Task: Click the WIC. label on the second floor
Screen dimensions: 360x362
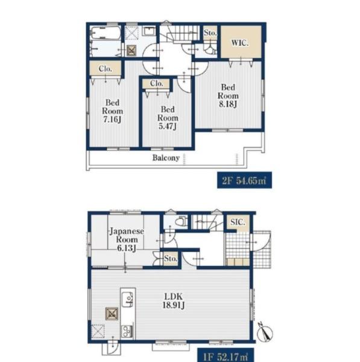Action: click(240, 43)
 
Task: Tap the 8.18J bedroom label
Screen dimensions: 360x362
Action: click(228, 95)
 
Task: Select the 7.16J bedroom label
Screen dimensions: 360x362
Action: click(112, 111)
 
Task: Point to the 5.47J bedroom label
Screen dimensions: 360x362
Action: click(168, 118)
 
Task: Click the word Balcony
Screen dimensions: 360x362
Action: click(166, 157)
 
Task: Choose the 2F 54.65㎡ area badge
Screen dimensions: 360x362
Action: click(244, 180)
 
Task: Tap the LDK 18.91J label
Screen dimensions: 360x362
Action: click(174, 300)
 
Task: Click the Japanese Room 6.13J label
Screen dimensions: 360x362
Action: click(127, 240)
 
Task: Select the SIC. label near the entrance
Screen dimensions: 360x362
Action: click(238, 222)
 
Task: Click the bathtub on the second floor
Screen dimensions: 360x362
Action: click(106, 33)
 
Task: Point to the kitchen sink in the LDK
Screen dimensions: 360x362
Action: click(128, 299)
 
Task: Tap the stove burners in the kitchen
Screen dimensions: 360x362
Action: click(127, 331)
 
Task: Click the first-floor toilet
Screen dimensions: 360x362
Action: click(181, 221)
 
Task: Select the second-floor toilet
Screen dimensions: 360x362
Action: click(210, 49)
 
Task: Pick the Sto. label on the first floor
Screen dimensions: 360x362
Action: click(171, 259)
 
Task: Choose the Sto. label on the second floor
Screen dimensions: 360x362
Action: click(210, 33)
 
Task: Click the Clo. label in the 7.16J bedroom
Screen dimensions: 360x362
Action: click(106, 69)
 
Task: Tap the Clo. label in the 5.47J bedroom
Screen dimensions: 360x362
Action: click(157, 83)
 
